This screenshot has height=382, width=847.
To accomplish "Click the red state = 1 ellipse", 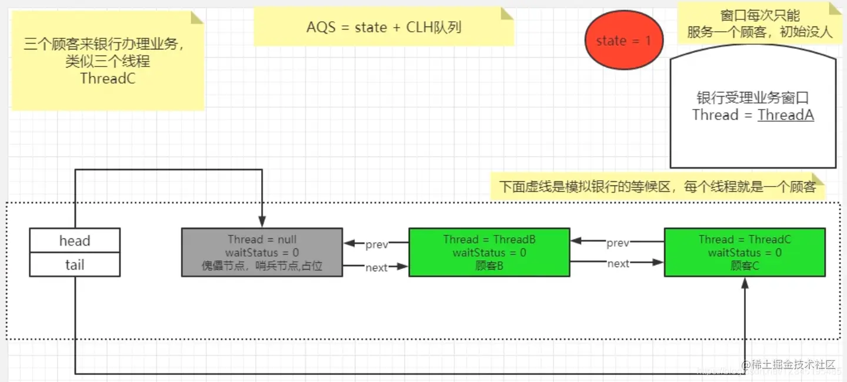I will pos(623,41).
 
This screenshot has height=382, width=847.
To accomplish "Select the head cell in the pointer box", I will pos(75,241).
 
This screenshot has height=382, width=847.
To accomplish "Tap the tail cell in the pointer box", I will pos(75,265).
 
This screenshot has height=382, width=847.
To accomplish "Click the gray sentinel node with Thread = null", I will pos(262,253).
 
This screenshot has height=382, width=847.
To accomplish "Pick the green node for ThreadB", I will pos(489,253).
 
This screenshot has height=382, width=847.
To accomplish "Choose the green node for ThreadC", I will pos(745,253).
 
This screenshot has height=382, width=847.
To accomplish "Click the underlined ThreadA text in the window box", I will pos(785,115).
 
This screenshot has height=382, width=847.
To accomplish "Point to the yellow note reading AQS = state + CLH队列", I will pos(384,27).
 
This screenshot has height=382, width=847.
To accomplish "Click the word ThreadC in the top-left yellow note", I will pos(108,78).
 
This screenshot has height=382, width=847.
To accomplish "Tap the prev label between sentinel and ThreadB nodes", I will pos(376,244).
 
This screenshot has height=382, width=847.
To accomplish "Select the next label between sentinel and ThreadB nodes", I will pos(376,267).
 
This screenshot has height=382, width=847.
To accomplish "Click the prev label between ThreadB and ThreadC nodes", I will pos(618,243).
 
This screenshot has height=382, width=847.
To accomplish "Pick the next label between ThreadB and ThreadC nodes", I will pos(618,264).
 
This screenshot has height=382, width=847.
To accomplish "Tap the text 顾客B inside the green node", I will pos(489,265).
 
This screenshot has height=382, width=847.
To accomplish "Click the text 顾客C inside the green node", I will pos(745,265).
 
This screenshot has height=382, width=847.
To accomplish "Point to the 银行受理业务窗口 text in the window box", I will pos(753,98).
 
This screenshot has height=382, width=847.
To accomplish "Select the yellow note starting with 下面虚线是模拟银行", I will pos(658,187).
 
